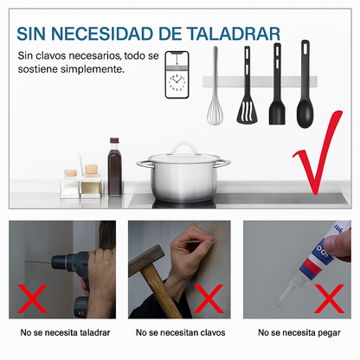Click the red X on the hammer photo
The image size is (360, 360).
coord(209,299)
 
